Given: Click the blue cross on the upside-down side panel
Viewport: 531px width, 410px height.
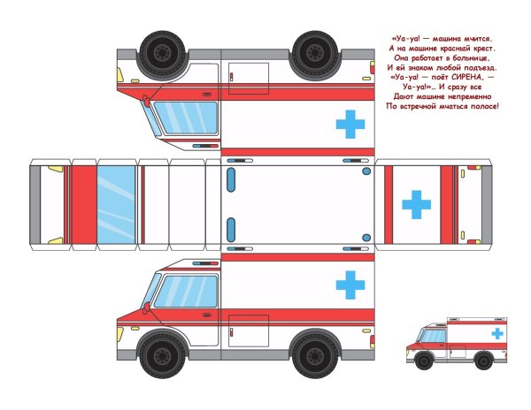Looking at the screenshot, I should (350, 125).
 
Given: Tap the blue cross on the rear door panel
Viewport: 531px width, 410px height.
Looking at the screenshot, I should (416, 204).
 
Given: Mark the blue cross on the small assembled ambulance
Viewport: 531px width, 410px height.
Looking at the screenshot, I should (498, 333).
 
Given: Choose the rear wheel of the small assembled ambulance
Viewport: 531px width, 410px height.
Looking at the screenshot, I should (483, 360).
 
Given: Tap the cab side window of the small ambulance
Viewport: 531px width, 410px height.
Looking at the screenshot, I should (434, 336).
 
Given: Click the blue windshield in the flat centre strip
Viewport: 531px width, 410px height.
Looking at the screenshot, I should (116, 204).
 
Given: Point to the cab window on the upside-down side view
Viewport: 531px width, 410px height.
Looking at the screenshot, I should (186, 118).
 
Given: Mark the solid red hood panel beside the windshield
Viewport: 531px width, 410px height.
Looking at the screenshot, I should (83, 204).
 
